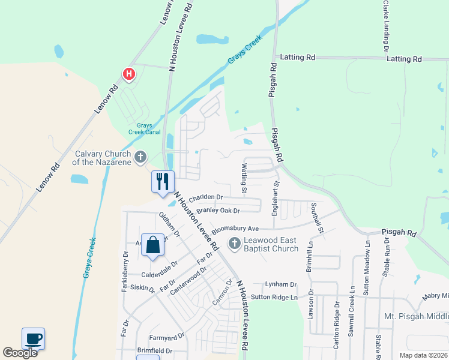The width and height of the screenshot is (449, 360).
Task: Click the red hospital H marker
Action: click(128, 74)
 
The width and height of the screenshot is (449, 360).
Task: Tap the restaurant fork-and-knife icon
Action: click(162, 181)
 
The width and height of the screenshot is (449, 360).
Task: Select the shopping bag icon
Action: click(152, 245)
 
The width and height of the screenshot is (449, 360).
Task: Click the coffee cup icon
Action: click(34, 339)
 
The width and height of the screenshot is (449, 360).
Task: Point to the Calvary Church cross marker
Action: click(140, 157)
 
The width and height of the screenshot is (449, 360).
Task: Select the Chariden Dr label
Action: click(205, 197)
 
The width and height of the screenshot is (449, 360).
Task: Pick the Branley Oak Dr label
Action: click(218, 211)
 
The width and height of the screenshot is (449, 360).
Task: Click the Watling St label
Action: click(244, 178)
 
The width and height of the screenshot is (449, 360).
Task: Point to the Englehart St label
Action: click(276, 199)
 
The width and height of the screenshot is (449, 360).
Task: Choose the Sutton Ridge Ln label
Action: click(274, 297)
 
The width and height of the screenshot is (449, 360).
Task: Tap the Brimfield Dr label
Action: click(154, 351)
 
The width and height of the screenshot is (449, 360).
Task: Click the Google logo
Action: click(20, 353)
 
